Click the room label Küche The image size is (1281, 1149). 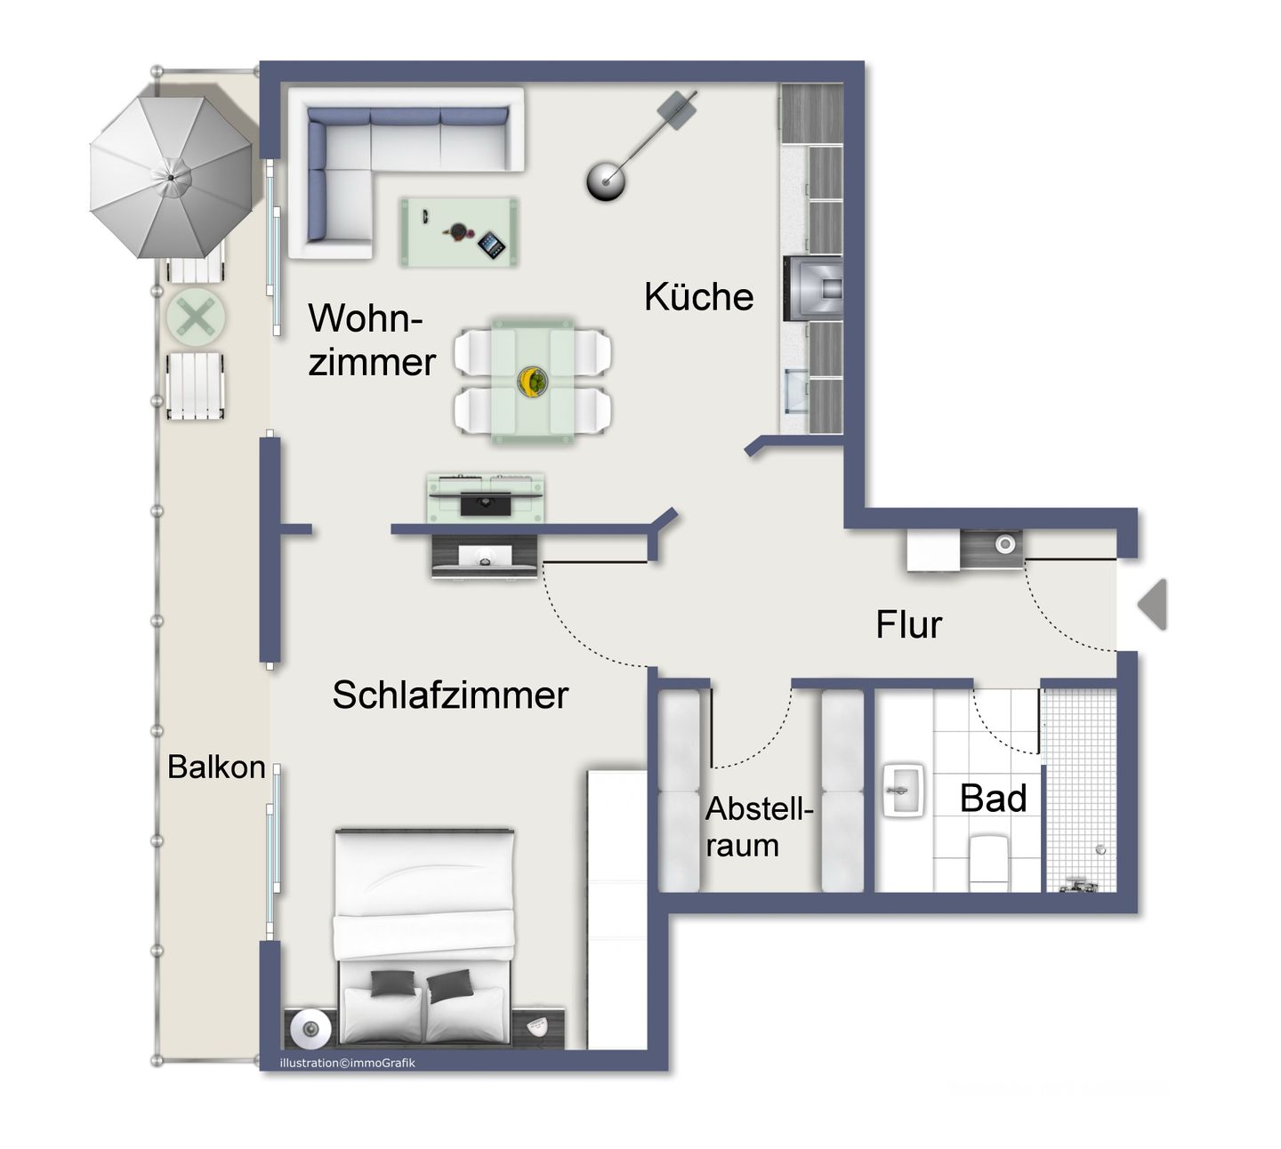coord(698,297)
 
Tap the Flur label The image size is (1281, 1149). coord(908,625)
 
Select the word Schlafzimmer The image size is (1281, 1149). coord(450,695)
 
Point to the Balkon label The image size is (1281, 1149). coord(216,767)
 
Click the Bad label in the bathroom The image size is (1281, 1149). coord(993,799)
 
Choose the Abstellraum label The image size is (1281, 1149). coord(759,827)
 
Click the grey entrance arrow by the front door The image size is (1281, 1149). coord(1153,605)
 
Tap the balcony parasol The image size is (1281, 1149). coord(171,176)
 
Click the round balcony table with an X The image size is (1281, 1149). coord(196,317)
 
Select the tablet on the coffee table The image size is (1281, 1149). coord(491,245)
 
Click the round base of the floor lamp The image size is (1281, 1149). coord(606,181)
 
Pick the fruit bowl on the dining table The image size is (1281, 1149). coord(533,381)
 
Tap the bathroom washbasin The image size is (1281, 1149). coord(904,790)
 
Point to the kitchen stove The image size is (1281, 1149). coord(813,287)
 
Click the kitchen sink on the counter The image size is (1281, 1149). coord(797,392)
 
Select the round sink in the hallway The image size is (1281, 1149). coord(1005,543)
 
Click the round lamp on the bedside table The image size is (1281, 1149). coord(309,1029)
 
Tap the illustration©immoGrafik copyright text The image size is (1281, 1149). coord(347,1063)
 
